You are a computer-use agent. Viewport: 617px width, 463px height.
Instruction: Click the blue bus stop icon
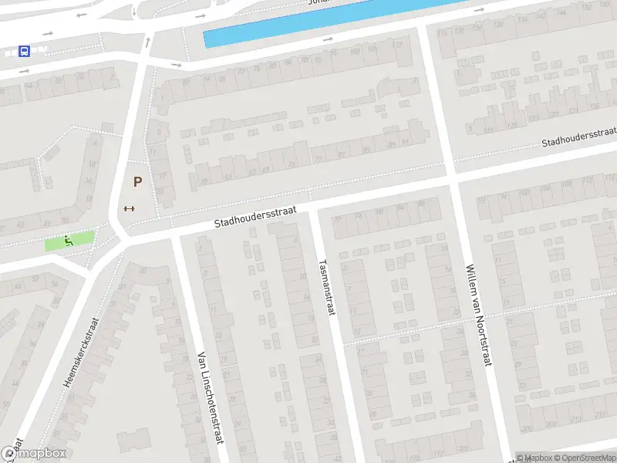(24, 52)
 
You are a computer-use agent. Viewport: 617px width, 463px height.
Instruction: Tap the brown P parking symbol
(137, 183)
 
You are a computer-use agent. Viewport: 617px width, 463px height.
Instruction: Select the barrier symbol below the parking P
(129, 208)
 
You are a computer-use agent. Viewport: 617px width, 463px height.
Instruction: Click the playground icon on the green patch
(69, 241)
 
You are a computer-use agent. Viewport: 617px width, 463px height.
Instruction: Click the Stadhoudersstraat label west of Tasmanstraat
(255, 218)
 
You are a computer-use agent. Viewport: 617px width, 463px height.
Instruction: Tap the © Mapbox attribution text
(534, 458)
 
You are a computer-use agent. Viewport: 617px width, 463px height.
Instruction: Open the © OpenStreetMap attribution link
(585, 458)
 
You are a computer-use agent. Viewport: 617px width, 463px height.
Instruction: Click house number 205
(527, 429)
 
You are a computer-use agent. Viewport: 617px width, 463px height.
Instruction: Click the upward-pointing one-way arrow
(146, 42)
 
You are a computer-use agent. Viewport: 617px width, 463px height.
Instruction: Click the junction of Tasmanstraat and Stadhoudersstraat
(312, 204)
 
